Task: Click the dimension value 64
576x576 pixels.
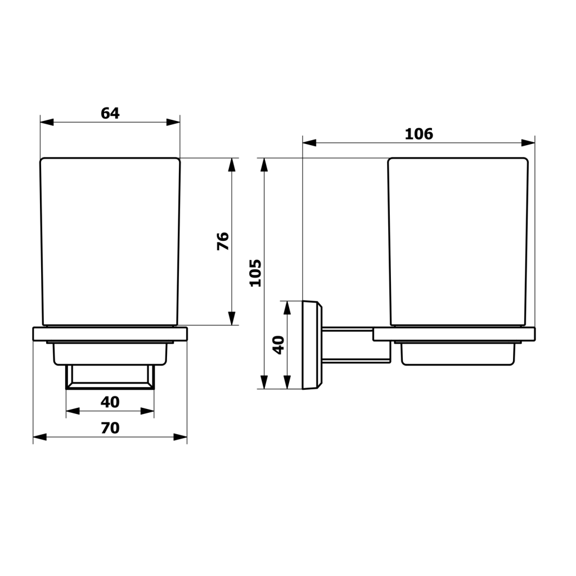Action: [110, 113]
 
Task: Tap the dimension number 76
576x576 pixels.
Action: [223, 241]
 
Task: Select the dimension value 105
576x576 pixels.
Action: [255, 273]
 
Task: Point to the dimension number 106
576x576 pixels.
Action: [418, 134]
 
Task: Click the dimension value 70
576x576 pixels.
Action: [110, 428]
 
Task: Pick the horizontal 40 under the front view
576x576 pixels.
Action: [110, 402]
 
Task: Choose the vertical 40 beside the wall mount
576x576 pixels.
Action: [279, 345]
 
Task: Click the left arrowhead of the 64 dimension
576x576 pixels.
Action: [47, 122]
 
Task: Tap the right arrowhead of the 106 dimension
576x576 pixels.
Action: [528, 142]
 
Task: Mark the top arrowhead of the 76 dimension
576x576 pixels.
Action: [231, 165]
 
